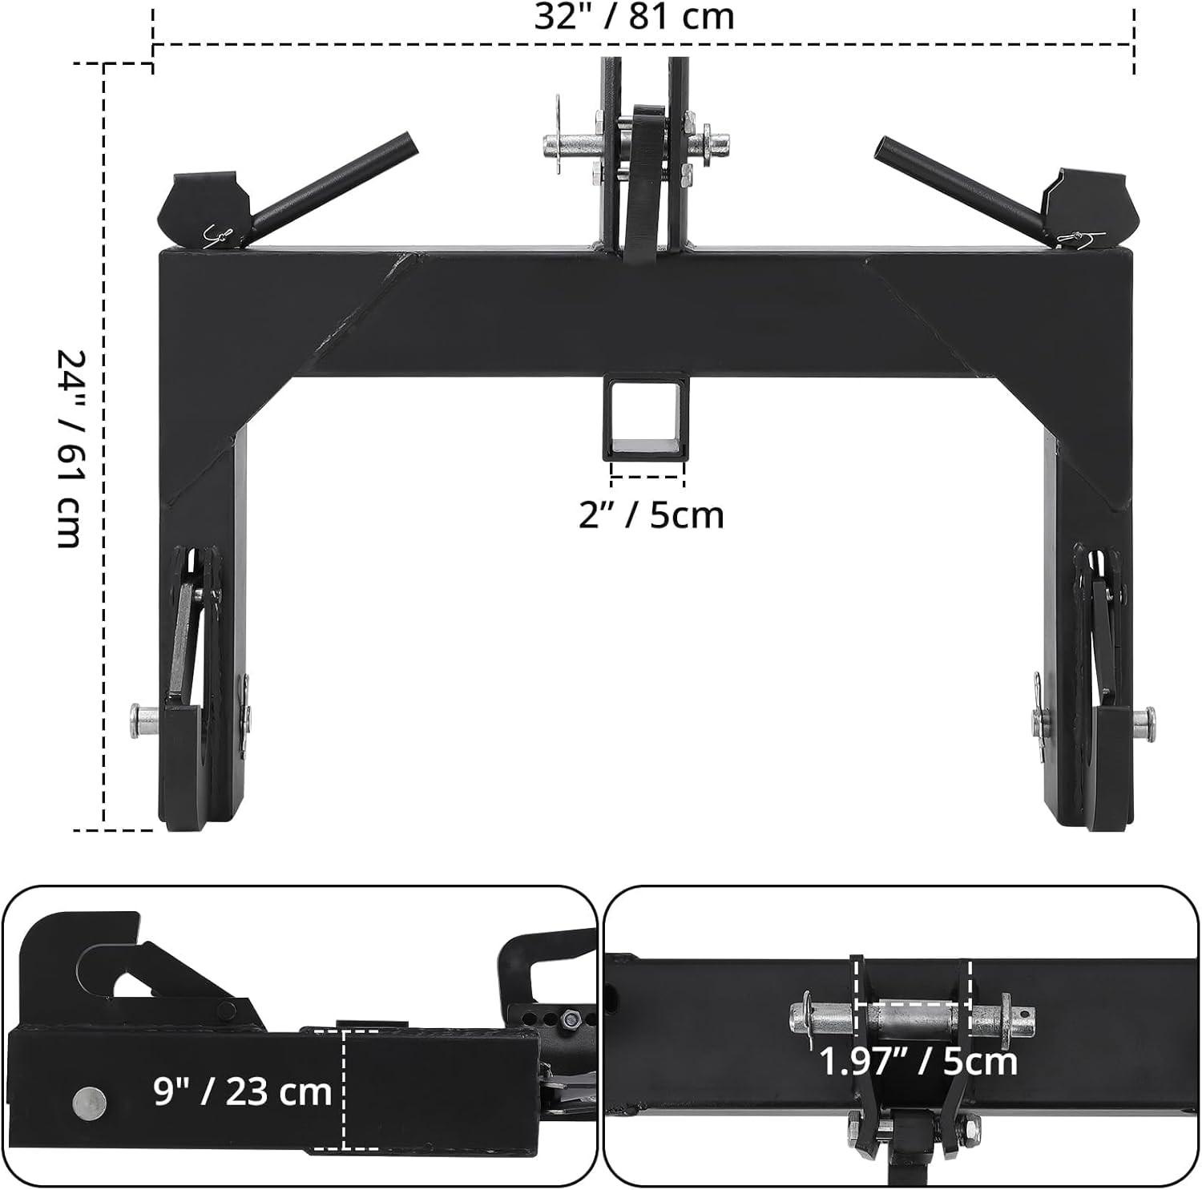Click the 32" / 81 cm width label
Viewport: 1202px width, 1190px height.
[634, 18]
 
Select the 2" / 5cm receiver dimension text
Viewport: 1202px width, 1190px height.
[651, 514]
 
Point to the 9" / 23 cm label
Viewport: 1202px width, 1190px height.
[242, 1091]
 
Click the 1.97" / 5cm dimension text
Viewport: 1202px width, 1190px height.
[918, 1062]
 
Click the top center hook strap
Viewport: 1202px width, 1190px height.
[643, 180]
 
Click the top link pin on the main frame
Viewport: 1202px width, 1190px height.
[569, 147]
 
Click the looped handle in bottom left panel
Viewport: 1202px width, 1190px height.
[545, 962]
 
